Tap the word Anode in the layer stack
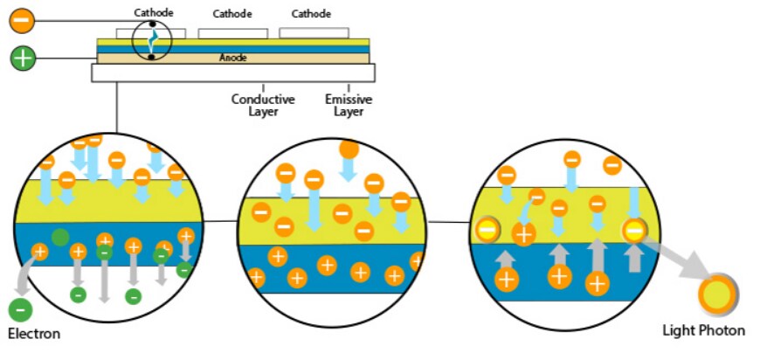tap(232, 58)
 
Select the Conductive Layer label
tap(263, 105)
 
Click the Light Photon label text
tap(703, 330)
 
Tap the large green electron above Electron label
tap(20, 308)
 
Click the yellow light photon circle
tap(716, 294)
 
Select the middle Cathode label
tap(232, 14)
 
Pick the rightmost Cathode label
tap(311, 14)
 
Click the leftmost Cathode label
tap(155, 12)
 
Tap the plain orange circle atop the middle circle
tap(349, 149)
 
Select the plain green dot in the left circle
tap(60, 237)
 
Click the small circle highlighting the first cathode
tap(152, 40)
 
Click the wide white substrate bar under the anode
tap(232, 73)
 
